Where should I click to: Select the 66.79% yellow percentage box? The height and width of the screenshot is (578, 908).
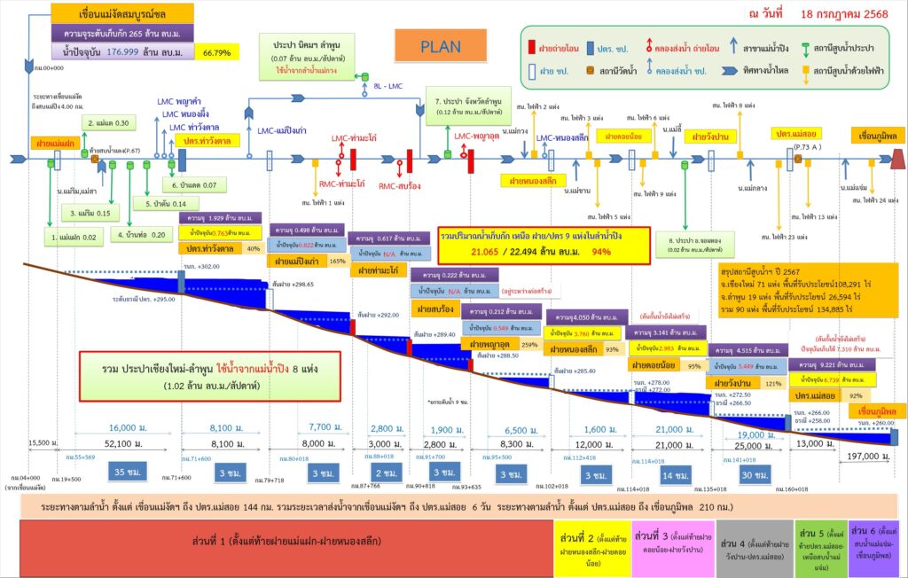[217, 53]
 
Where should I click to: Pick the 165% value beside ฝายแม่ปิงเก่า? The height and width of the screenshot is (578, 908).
[336, 262]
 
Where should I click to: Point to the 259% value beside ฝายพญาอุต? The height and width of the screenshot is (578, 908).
[530, 344]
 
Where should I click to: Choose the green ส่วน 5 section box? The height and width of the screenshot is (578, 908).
[820, 542]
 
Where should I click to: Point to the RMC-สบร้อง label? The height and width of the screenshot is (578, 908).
[399, 187]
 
